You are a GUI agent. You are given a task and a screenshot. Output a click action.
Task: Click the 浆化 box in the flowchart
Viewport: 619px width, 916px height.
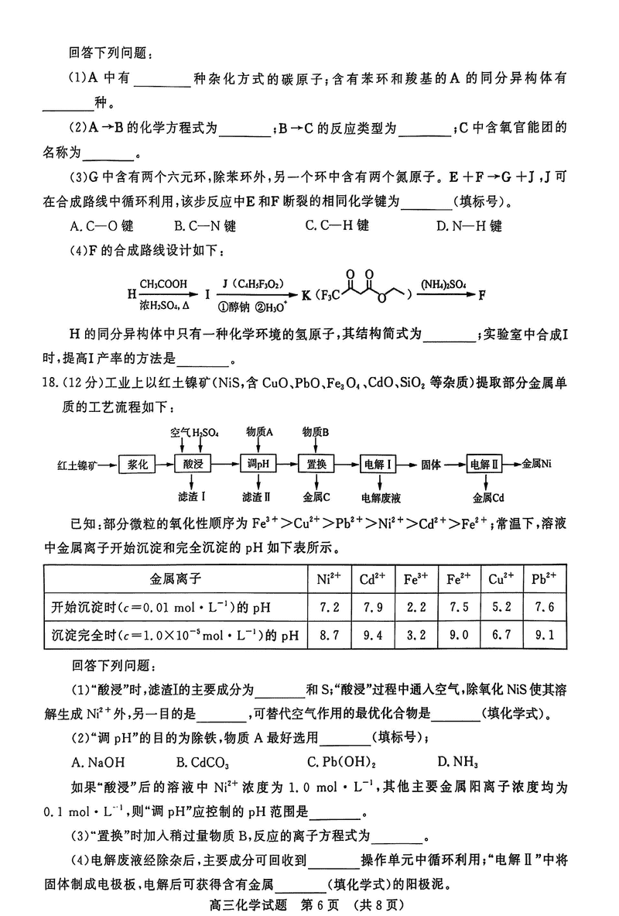point(137,465)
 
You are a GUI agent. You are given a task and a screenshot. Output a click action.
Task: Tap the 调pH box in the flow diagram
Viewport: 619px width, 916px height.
point(258,465)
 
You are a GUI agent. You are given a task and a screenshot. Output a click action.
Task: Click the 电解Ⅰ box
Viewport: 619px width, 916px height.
point(380,465)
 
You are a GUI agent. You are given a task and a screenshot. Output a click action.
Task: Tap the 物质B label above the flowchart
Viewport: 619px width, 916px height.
point(316,431)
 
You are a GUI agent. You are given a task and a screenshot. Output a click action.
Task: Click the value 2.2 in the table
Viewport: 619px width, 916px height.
point(416,607)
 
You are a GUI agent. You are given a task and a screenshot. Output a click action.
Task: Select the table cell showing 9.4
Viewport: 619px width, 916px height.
point(373,636)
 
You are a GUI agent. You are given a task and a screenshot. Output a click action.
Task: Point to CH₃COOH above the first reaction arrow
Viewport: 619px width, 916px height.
point(163,284)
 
